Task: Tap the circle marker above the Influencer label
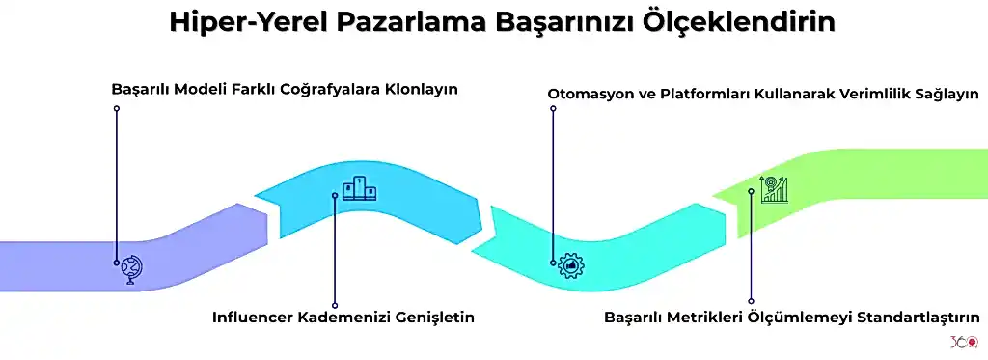[x=335, y=305]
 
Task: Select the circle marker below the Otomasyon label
[x=554, y=108]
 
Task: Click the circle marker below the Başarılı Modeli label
[x=117, y=108]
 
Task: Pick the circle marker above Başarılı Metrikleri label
[x=751, y=301]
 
